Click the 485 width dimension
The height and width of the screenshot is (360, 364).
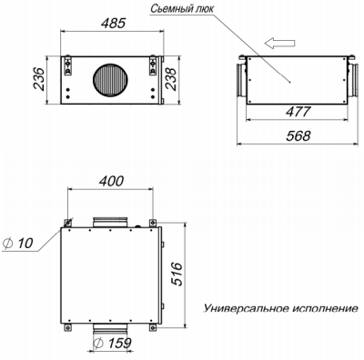108,18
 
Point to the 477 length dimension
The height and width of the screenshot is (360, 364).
291,114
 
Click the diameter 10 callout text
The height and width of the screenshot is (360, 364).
19,243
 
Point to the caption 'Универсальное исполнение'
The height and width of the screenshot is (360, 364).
278,307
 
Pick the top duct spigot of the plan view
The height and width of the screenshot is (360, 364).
111,221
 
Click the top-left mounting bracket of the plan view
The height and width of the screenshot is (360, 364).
67,222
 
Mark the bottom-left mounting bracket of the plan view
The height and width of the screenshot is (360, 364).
67,327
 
